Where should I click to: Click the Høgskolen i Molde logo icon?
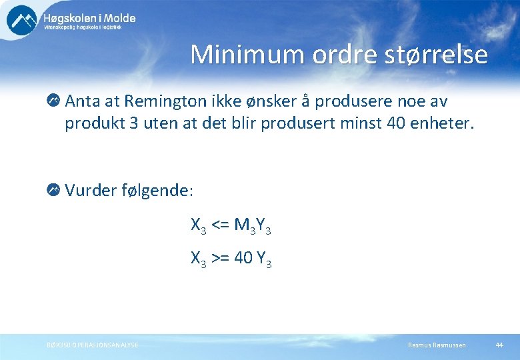click(22, 19)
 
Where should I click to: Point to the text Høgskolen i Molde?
click(89, 18)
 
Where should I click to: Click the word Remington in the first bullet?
click(167, 101)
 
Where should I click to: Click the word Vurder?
click(91, 191)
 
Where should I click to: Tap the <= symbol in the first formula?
click(221, 225)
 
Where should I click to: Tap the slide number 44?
click(499, 345)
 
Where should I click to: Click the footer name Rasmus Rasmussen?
click(437, 345)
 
